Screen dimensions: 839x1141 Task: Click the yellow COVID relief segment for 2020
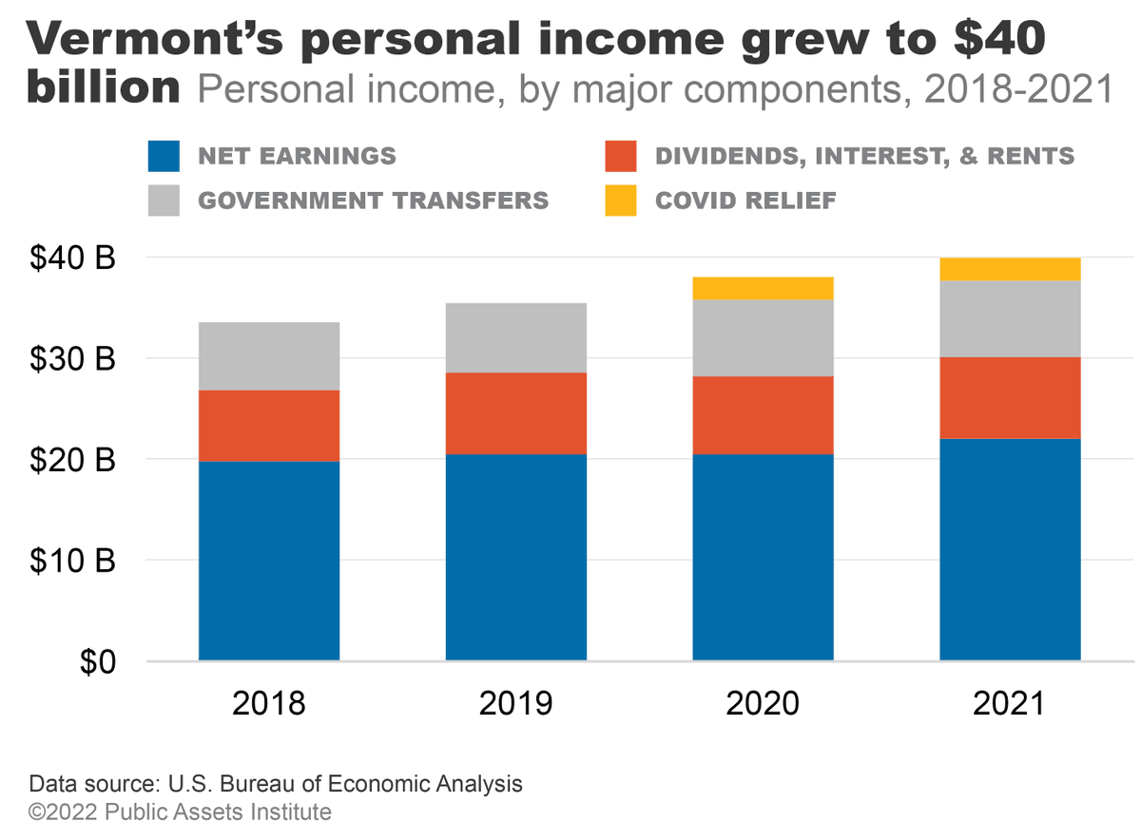tap(763, 288)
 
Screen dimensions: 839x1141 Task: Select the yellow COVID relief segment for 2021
tap(1010, 269)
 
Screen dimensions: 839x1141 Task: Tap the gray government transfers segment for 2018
tap(269, 355)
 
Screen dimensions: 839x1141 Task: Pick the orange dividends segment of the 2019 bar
tap(515, 412)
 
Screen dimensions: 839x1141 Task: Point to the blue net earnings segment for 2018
tap(269, 561)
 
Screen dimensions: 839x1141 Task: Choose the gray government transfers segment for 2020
tap(763, 337)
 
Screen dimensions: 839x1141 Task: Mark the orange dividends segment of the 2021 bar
tap(1010, 397)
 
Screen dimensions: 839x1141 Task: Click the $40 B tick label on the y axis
tap(71, 257)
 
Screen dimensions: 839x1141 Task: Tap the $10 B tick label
tap(71, 561)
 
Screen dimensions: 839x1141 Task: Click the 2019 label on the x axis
tap(515, 703)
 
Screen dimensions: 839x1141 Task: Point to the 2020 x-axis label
tap(763, 703)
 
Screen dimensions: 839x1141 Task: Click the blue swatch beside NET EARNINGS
tap(164, 156)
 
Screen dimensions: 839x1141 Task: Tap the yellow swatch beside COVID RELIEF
tap(620, 200)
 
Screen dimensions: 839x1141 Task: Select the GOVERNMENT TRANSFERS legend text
tap(373, 200)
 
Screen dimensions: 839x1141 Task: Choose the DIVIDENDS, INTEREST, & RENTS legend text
tap(864, 156)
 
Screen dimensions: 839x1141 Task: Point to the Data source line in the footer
tap(276, 785)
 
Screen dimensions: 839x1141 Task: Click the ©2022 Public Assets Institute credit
tap(181, 812)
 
